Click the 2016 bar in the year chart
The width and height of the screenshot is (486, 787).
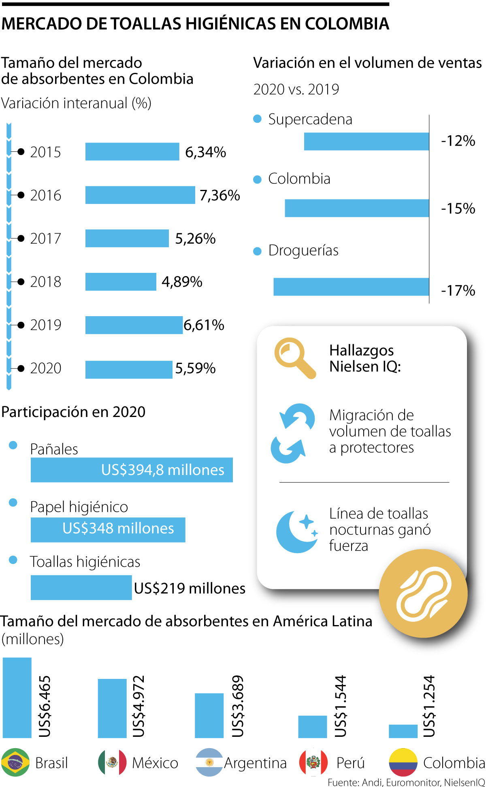[140, 195]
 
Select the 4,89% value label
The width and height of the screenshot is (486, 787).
[182, 282]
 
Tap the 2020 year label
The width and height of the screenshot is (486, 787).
[46, 368]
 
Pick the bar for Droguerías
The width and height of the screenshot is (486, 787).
[351, 287]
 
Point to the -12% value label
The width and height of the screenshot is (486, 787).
[458, 141]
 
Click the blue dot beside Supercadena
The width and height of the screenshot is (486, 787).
[257, 119]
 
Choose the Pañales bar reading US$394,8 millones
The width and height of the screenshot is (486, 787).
[132, 470]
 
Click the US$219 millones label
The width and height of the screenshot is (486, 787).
[190, 588]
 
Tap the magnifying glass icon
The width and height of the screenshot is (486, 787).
[294, 357]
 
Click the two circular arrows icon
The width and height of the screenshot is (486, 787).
[292, 433]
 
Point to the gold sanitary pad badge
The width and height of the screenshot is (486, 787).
[423, 593]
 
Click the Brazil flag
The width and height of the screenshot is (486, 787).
[15, 762]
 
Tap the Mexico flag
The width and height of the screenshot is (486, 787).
[112, 762]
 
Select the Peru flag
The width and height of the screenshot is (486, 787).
[313, 762]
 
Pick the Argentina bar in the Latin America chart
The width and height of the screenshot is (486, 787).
[209, 715]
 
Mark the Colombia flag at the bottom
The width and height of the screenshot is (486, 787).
[403, 762]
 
